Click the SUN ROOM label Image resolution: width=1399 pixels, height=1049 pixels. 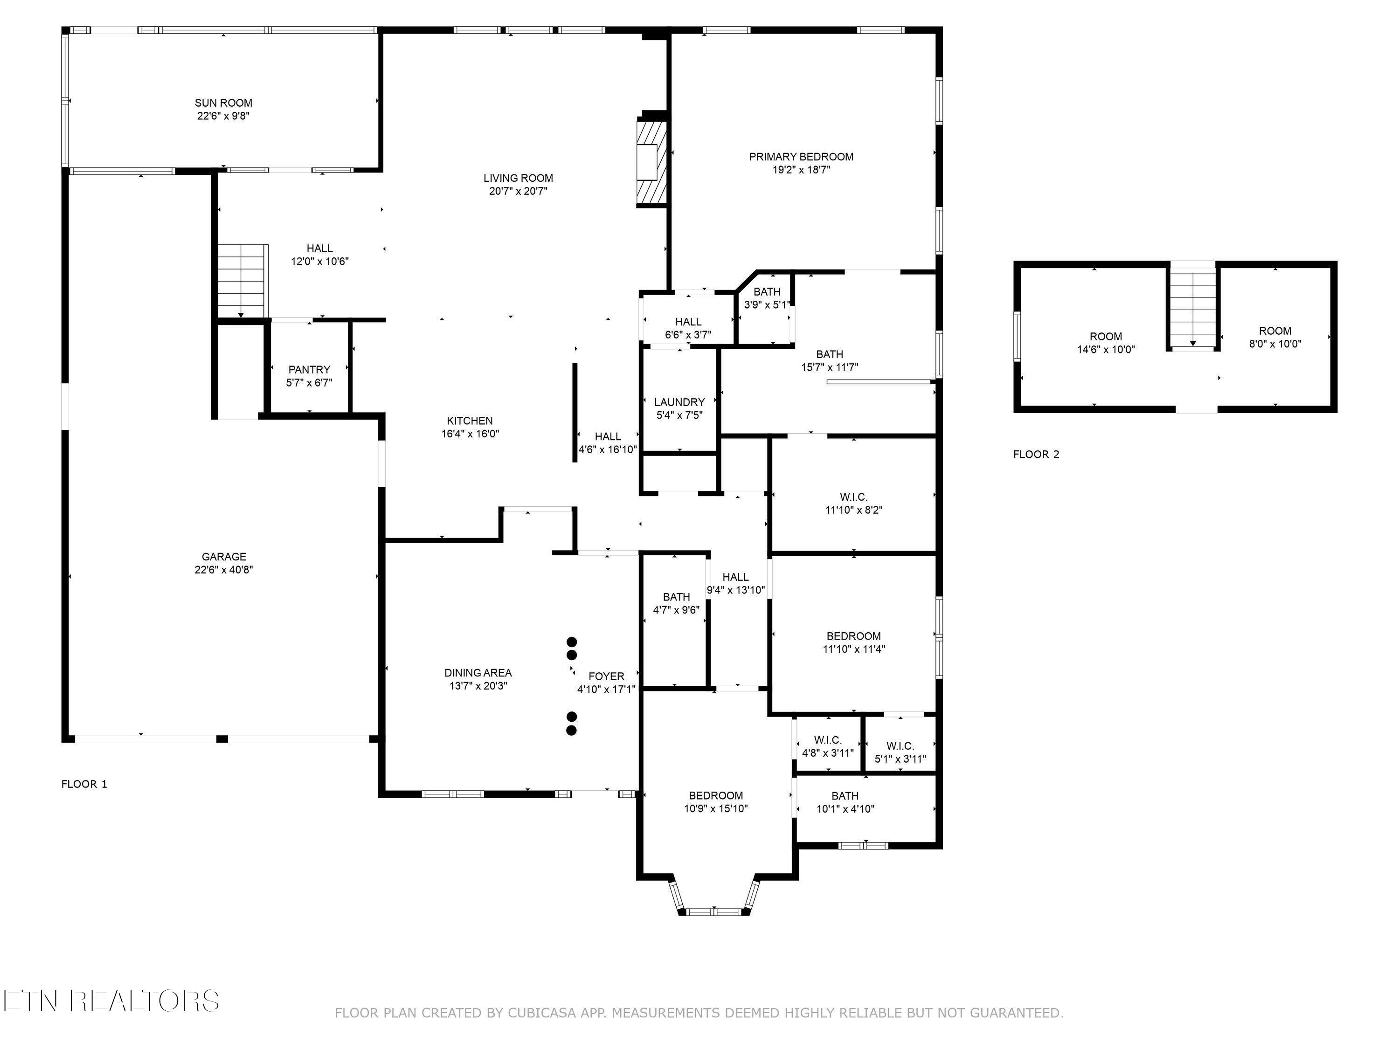point(223,103)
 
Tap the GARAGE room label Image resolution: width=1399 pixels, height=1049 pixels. point(224,556)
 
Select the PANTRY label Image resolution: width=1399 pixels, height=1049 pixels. point(309,369)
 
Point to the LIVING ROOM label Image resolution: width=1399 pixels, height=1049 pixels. point(518,178)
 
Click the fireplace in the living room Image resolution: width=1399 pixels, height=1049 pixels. point(651,163)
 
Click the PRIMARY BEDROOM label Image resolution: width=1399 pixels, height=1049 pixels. point(801,157)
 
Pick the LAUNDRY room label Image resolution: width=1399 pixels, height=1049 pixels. point(679,402)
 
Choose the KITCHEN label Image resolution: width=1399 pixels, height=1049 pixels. point(470,421)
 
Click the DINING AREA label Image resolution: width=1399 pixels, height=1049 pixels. point(478,673)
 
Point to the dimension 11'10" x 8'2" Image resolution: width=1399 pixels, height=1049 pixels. point(854,510)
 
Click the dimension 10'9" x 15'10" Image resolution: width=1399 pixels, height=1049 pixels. point(716,808)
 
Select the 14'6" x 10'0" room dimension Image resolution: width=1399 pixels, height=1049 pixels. point(1106,349)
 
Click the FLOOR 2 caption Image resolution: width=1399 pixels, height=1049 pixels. point(1036,454)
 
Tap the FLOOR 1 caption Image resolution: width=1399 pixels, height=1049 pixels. point(84,784)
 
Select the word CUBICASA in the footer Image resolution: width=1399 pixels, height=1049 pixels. point(542,1013)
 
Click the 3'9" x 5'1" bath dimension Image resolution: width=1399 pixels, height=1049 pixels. point(767,304)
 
